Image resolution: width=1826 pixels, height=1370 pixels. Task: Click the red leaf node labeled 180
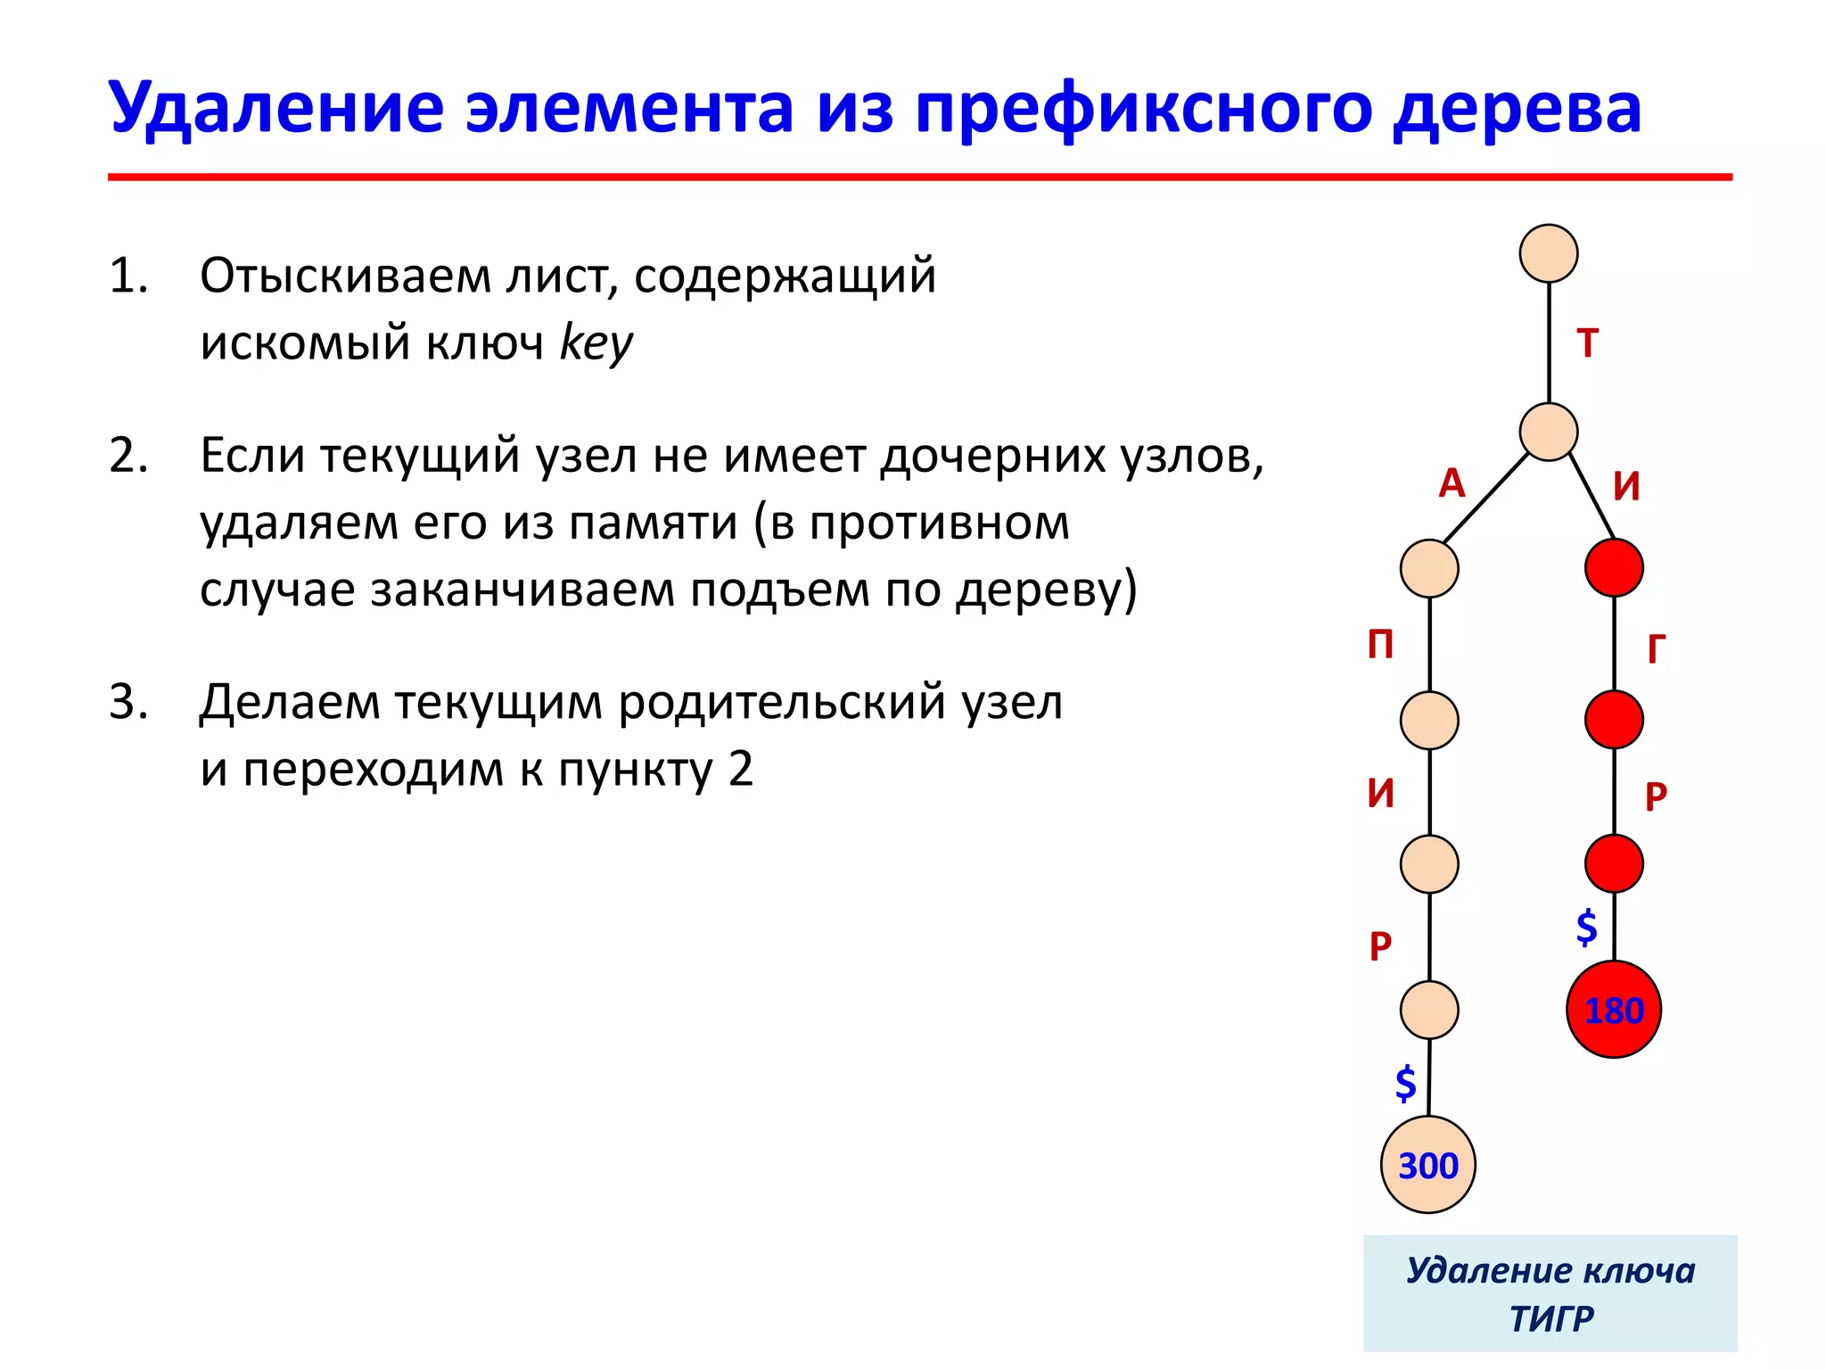tap(1613, 1010)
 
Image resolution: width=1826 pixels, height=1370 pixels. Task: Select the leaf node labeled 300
tap(1427, 1165)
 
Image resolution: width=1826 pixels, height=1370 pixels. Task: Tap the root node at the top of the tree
tap(1549, 253)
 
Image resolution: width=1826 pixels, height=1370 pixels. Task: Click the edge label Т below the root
tap(1587, 343)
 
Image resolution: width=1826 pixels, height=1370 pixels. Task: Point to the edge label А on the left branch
tap(1452, 483)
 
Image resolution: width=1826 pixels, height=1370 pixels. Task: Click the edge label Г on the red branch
tap(1656, 648)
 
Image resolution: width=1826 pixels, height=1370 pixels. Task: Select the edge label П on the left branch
tap(1380, 644)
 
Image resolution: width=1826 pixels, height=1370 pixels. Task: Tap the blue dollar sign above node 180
tap(1586, 928)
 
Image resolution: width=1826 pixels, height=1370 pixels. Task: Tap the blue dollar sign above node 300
tap(1405, 1083)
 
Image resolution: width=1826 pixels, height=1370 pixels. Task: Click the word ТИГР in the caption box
tap(1550, 1318)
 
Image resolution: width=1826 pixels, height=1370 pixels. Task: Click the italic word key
tap(596, 342)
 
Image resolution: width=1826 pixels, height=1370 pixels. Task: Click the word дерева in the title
tap(1516, 108)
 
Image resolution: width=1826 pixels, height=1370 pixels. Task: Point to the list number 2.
tap(128, 456)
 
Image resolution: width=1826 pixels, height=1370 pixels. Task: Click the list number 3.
tap(128, 702)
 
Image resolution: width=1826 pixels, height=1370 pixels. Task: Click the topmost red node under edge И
tap(1614, 567)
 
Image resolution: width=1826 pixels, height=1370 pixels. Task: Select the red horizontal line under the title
tap(918, 177)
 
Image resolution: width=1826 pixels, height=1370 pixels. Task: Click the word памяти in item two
tap(654, 523)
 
